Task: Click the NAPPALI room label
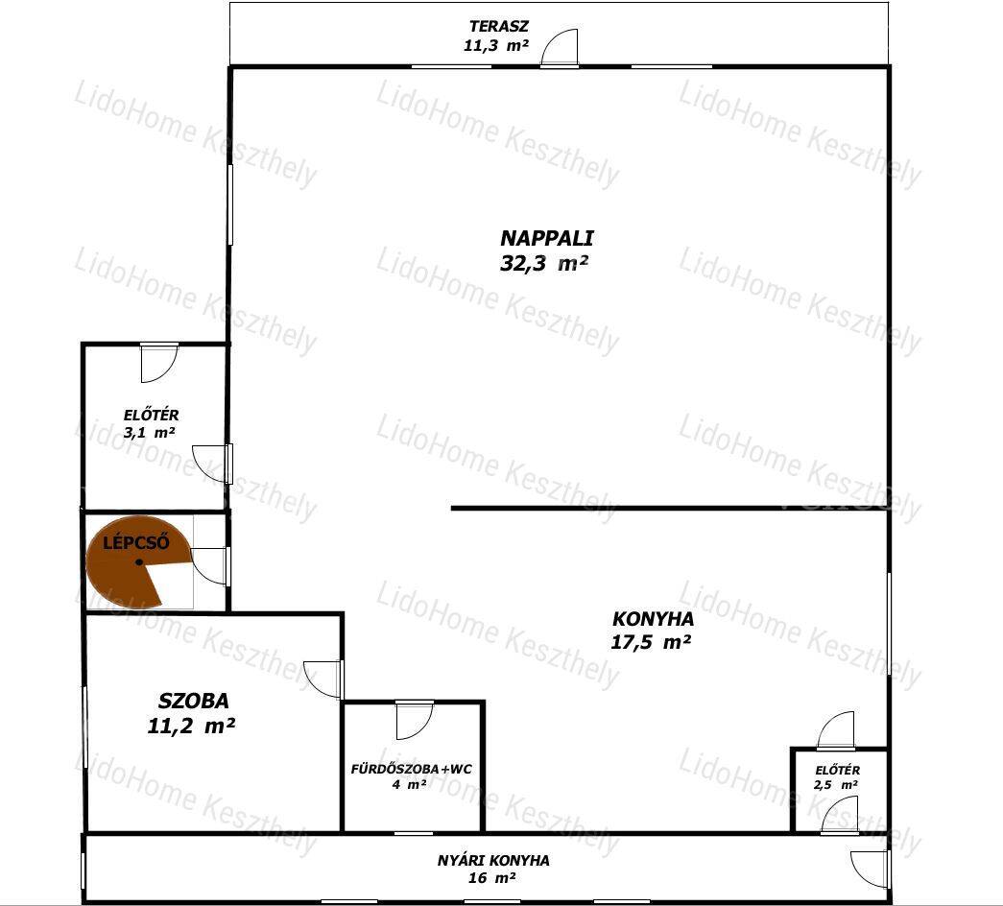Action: click(x=546, y=239)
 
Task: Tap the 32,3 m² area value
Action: click(x=543, y=264)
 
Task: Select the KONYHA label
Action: click(x=653, y=619)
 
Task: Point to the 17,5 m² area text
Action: click(x=651, y=642)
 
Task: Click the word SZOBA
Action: click(x=193, y=702)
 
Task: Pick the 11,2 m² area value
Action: click(x=191, y=727)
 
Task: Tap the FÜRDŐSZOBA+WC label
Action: click(x=411, y=769)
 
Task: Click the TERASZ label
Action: click(x=499, y=27)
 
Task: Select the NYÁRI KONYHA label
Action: click(x=493, y=861)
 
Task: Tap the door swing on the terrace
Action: click(x=559, y=47)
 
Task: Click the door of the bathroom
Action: click(x=415, y=721)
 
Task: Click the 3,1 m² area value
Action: click(x=150, y=433)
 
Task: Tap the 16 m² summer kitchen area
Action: click(x=492, y=878)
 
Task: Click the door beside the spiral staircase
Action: click(x=210, y=566)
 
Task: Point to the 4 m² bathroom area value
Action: click(x=410, y=784)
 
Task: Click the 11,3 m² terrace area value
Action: click(x=496, y=46)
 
